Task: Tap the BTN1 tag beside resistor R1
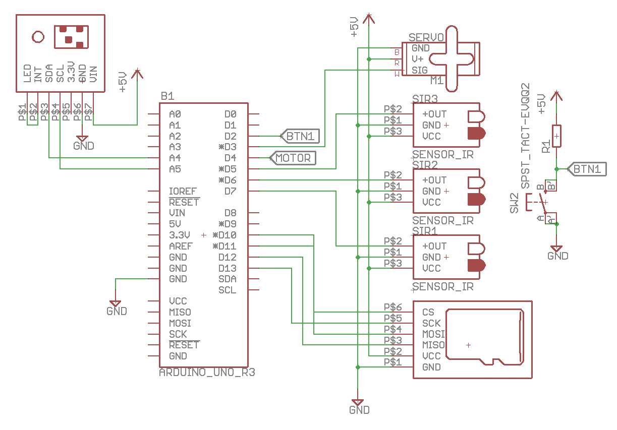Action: point(587,169)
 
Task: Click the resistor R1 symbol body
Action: point(556,136)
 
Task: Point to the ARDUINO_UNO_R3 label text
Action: point(207,373)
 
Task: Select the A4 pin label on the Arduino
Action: point(175,158)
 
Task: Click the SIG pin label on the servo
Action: point(420,70)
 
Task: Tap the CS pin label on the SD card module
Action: point(428,313)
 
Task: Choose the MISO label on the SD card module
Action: point(433,345)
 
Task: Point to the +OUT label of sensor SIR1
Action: point(434,246)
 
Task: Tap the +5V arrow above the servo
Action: point(369,19)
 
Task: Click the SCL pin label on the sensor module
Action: point(60,73)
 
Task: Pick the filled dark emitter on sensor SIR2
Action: point(476,199)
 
